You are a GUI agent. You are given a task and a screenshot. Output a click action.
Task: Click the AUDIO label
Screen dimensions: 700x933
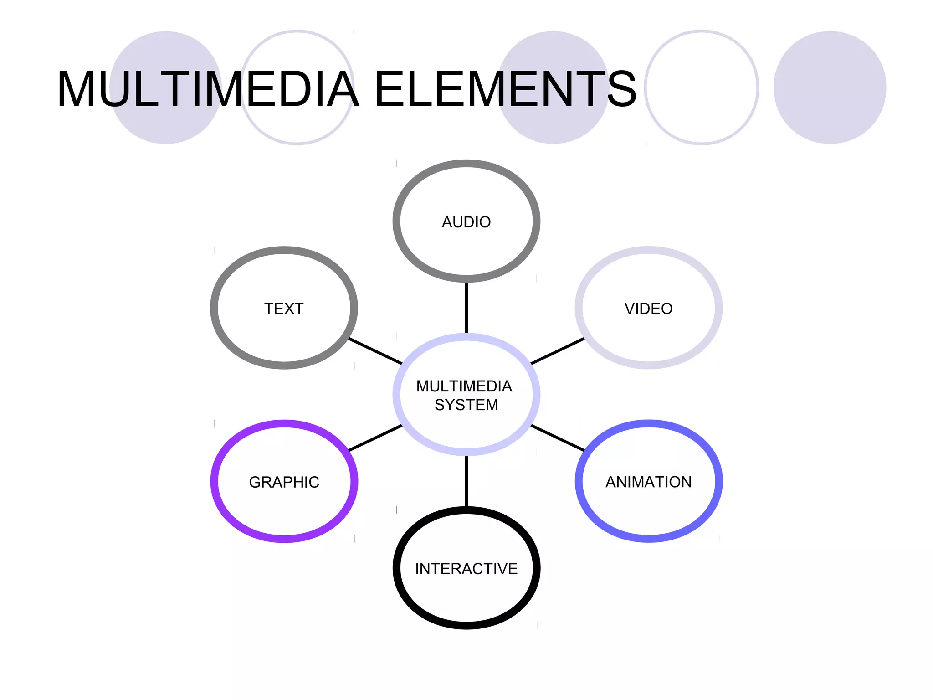466,222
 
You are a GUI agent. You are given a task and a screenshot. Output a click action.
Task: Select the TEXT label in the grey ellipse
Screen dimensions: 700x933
284,309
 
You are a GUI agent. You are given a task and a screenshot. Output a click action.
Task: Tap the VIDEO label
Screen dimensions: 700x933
648,309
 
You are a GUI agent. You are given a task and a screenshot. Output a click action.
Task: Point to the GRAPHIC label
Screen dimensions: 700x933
284,482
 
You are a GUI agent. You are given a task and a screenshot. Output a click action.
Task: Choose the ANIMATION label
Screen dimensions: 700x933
648,482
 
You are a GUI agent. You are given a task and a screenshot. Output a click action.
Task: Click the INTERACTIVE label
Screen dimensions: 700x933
466,568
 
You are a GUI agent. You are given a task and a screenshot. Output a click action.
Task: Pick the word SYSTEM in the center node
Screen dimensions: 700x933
466,405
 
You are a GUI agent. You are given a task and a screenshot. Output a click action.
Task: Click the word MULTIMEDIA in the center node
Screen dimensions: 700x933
464,386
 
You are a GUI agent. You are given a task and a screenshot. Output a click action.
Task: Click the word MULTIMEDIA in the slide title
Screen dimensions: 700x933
208,89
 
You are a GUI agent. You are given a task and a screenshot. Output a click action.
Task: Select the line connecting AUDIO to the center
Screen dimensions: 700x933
466,308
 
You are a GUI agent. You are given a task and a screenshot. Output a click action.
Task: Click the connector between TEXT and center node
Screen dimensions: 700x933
375,351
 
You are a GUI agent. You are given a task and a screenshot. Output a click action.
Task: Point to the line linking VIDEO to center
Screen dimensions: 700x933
557,351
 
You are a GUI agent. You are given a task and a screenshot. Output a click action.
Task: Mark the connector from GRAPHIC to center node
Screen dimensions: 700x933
375,438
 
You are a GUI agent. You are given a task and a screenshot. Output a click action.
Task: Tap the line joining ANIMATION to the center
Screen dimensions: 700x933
557,438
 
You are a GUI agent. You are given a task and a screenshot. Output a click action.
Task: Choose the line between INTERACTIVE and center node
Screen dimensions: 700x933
466,481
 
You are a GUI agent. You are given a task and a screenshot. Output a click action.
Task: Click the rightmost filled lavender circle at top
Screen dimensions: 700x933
830,87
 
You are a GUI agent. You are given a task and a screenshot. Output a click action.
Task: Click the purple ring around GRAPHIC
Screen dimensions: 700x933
214,482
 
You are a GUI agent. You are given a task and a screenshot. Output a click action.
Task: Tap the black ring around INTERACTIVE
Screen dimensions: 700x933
396,568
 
